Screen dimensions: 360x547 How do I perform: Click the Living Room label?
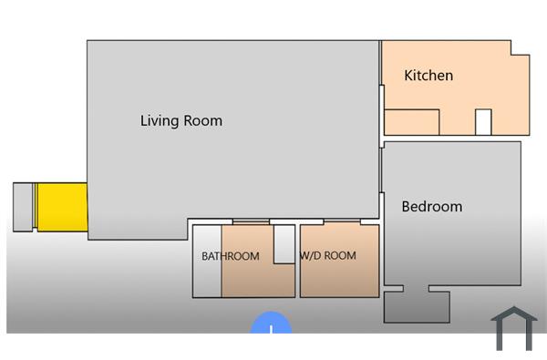pyautogui.click(x=181, y=120)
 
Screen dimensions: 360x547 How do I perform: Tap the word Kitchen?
pyautogui.click(x=428, y=75)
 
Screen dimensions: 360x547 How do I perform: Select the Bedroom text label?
pyautogui.click(x=431, y=207)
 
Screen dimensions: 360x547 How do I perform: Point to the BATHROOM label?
pyautogui.click(x=230, y=256)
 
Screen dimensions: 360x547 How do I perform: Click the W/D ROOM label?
pyautogui.click(x=327, y=256)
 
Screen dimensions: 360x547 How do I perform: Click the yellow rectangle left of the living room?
pyautogui.click(x=61, y=207)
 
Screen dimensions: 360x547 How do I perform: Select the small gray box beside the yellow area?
pyautogui.click(x=24, y=207)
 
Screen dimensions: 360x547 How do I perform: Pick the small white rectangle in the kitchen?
pyautogui.click(x=483, y=122)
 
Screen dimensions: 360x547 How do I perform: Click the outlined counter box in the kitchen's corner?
pyautogui.click(x=411, y=122)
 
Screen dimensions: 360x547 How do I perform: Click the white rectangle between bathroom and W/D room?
pyautogui.click(x=284, y=243)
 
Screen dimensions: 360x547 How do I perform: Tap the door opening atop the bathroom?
pyautogui.click(x=251, y=221)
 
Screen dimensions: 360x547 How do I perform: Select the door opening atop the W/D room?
pyautogui.click(x=342, y=221)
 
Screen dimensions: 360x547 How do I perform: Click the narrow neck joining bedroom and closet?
pyautogui.click(x=417, y=289)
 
